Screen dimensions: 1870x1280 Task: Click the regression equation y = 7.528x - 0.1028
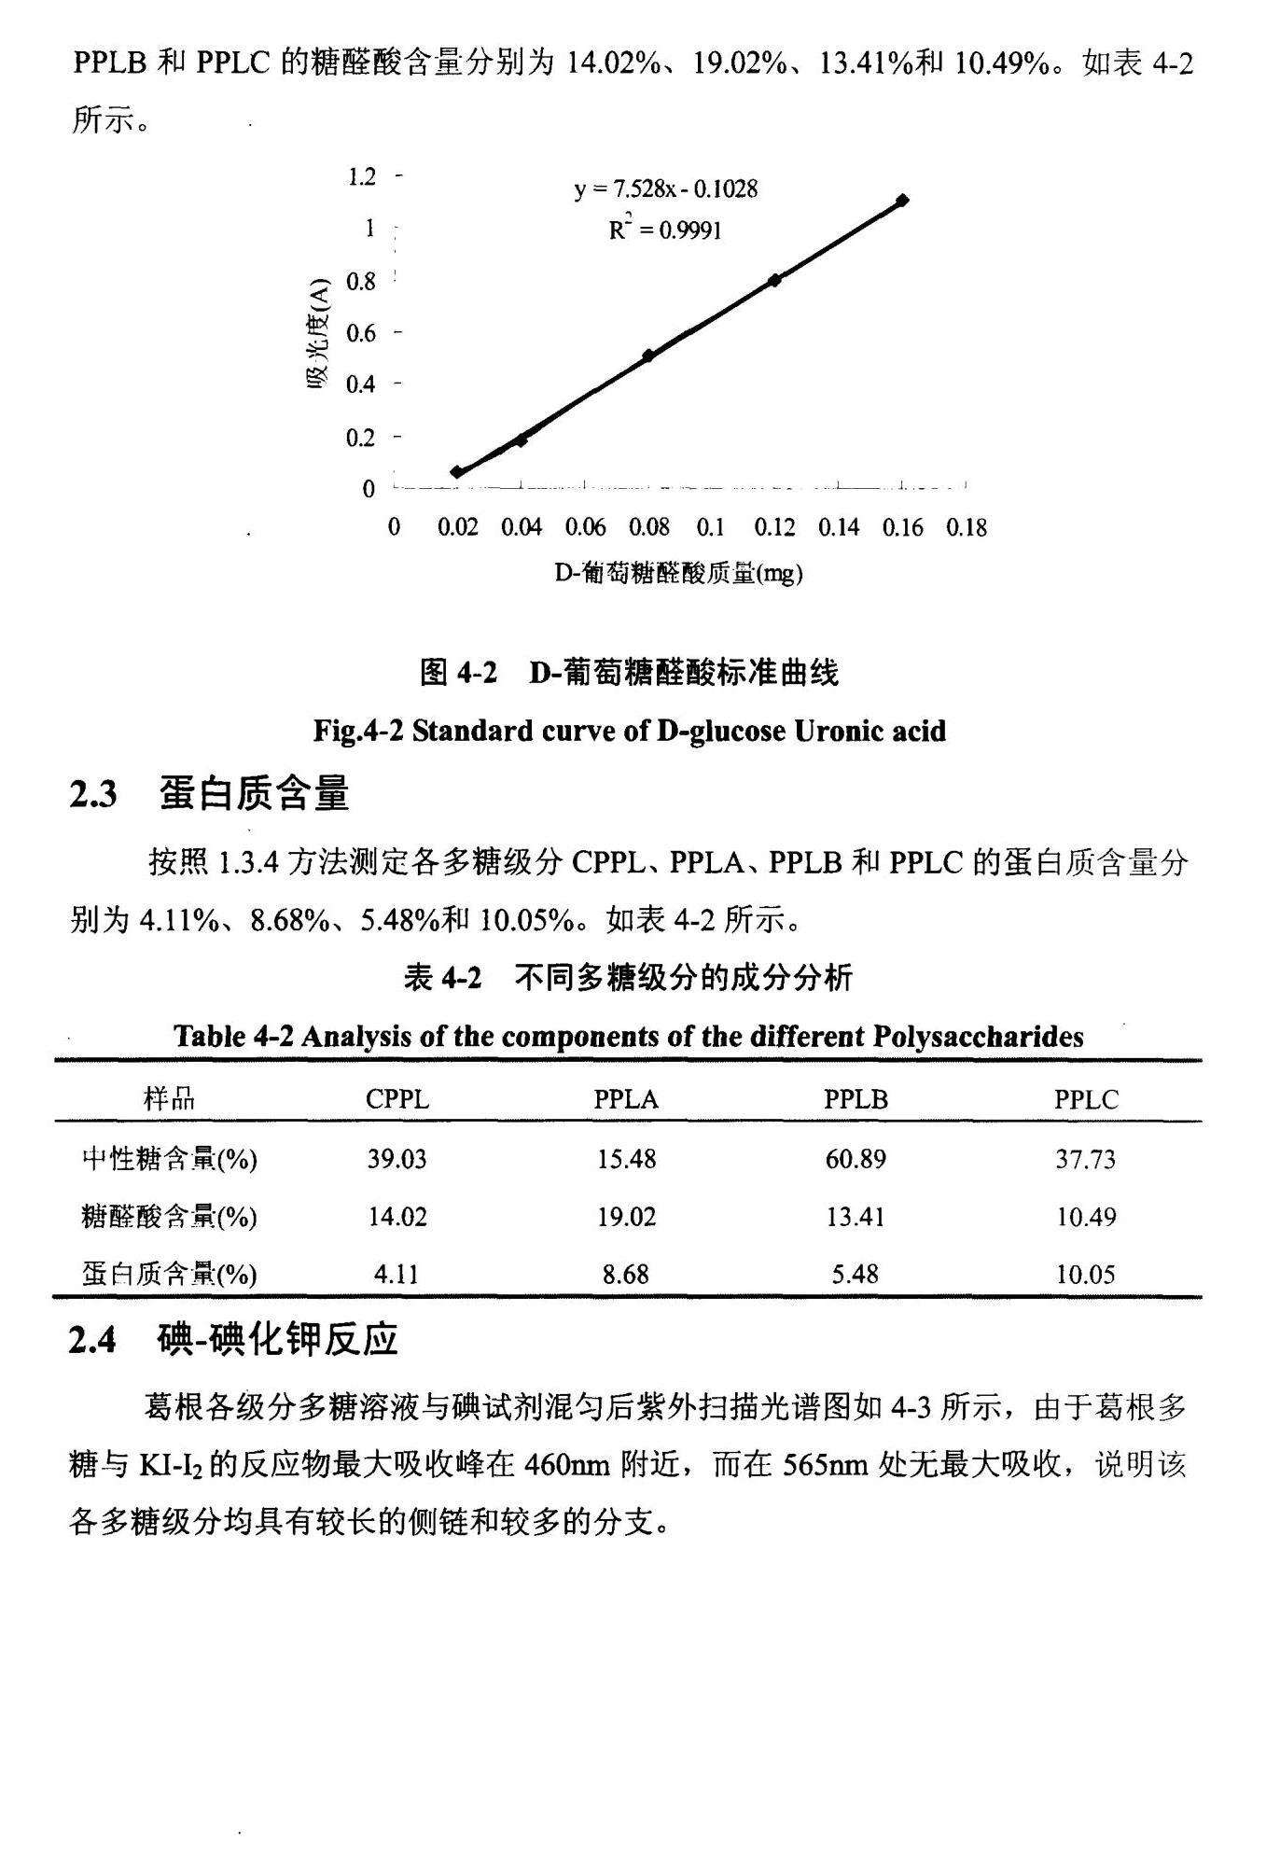(665, 189)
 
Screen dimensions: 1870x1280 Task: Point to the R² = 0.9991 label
(665, 229)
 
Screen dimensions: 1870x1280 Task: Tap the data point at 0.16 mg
(901, 201)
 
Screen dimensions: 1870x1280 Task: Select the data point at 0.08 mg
(647, 356)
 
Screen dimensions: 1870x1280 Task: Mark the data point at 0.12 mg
(774, 280)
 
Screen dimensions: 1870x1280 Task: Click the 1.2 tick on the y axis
(362, 176)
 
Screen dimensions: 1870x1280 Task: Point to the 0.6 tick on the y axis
(362, 333)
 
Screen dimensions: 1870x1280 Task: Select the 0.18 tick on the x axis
(966, 528)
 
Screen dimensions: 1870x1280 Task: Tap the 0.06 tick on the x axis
(585, 528)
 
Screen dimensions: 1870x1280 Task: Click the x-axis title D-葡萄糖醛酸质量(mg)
(678, 572)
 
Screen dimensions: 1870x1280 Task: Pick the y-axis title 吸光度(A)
(318, 335)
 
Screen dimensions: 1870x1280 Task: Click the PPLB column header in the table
(856, 1099)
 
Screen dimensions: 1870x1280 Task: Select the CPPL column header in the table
(397, 1099)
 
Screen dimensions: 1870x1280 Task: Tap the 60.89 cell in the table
(856, 1159)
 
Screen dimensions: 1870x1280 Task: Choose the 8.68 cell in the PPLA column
(625, 1274)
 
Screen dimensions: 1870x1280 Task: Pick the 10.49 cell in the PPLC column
(1086, 1217)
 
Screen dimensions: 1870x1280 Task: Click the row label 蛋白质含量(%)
(169, 1274)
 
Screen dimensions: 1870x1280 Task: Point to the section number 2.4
(92, 1341)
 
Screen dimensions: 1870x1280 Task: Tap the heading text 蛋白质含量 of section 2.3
(254, 794)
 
